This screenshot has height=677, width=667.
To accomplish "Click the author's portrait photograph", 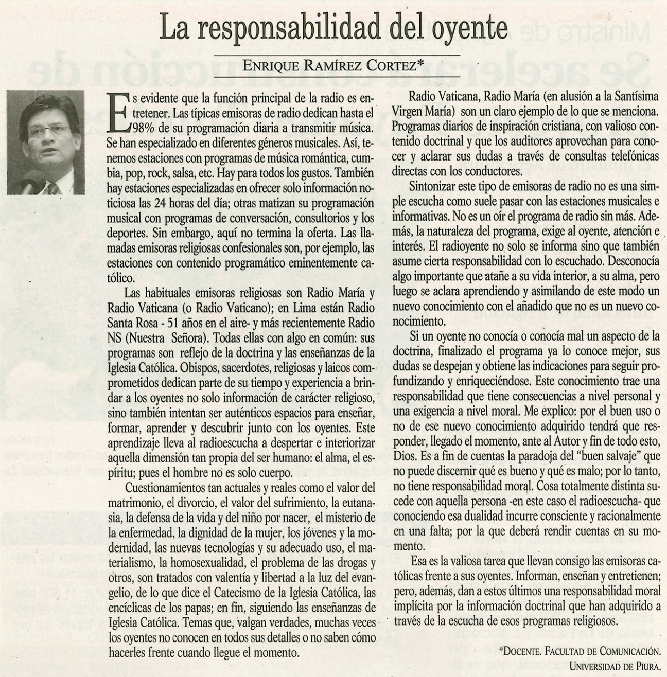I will click(x=46, y=141).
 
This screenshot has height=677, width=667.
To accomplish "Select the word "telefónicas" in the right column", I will click(x=632, y=156).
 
